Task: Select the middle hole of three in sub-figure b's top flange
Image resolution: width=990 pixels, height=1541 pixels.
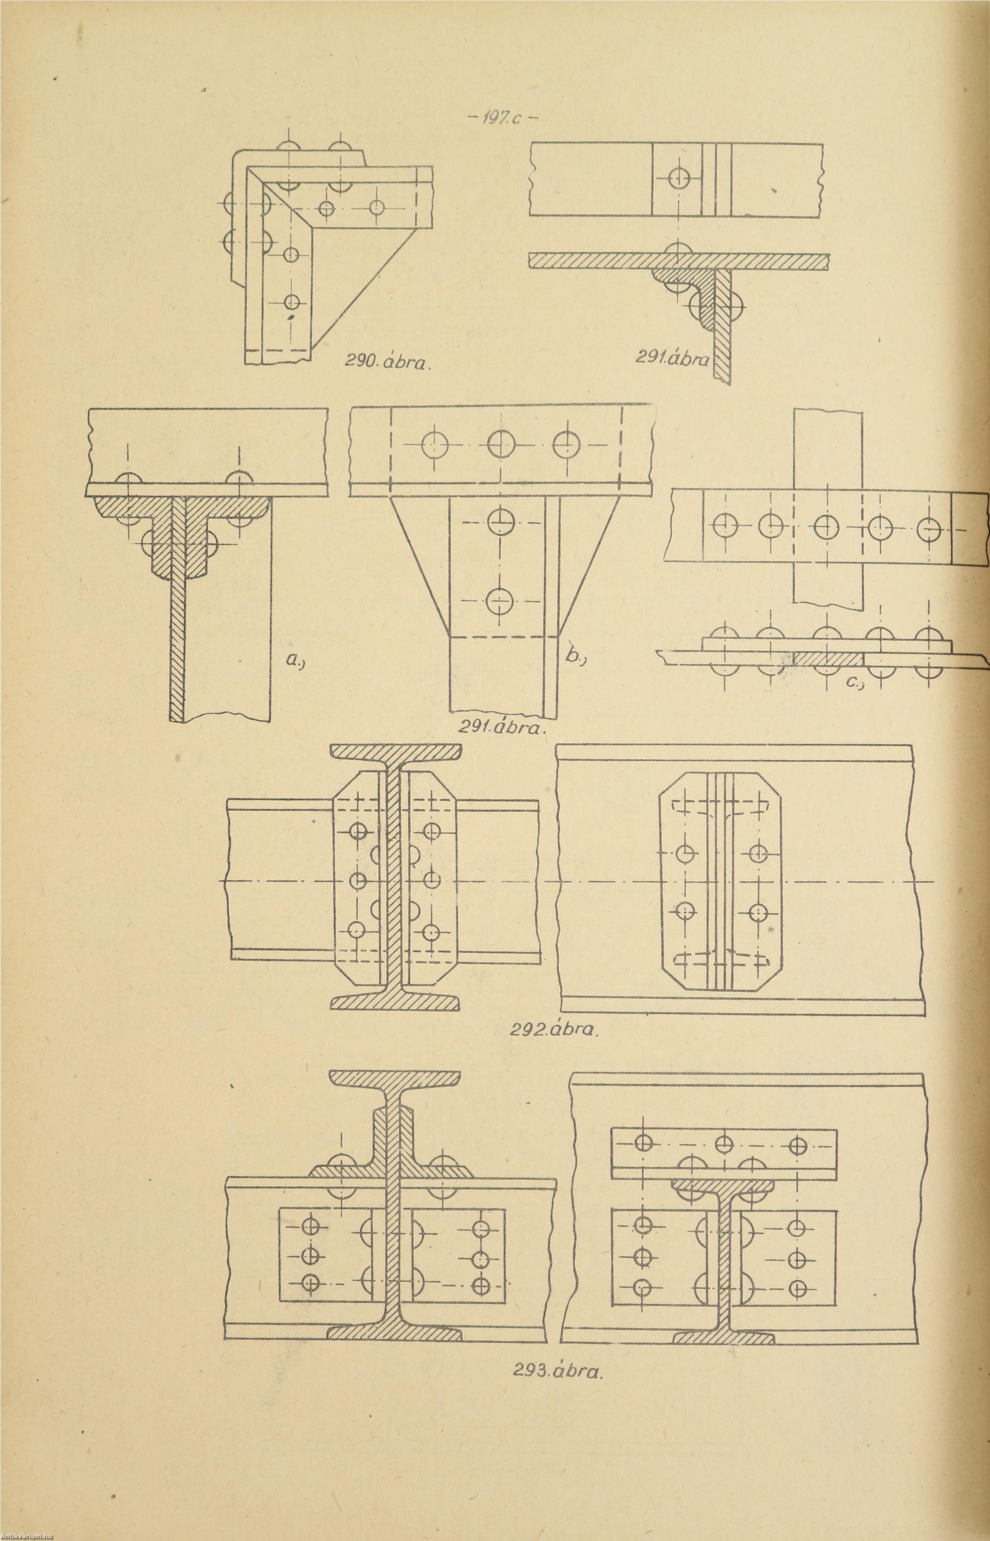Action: [x=499, y=443]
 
